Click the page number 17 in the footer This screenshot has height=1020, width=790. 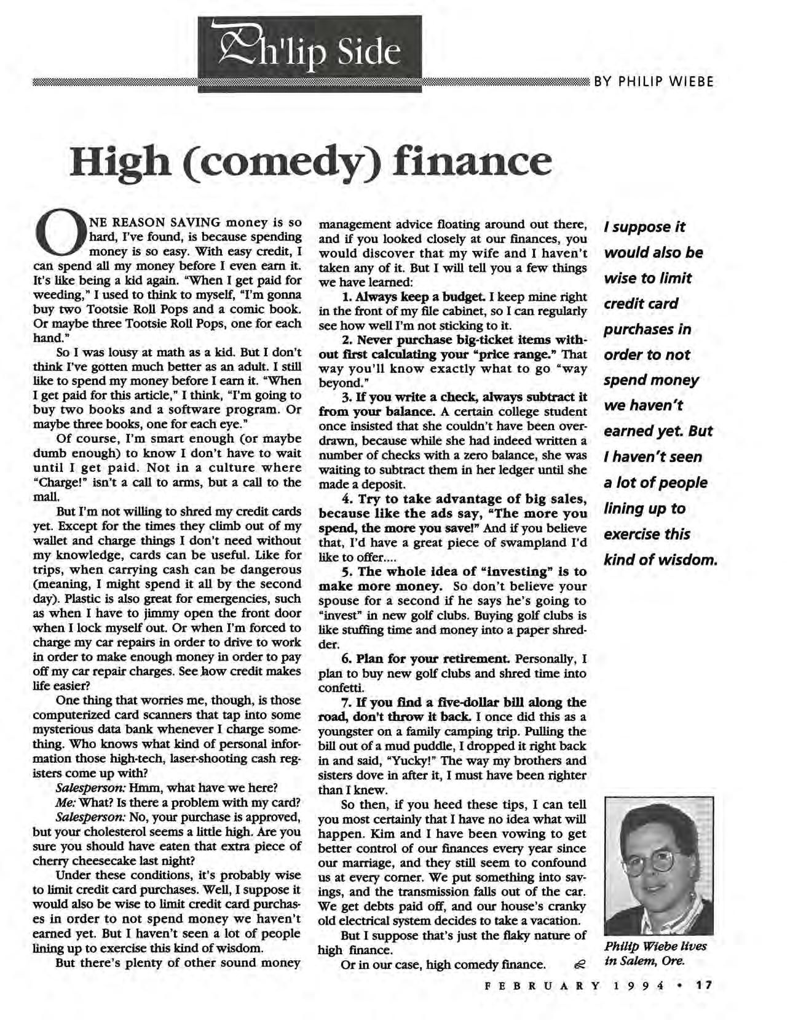click(705, 985)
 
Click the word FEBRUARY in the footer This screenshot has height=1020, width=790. click(542, 985)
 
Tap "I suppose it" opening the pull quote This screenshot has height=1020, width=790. click(644, 227)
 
